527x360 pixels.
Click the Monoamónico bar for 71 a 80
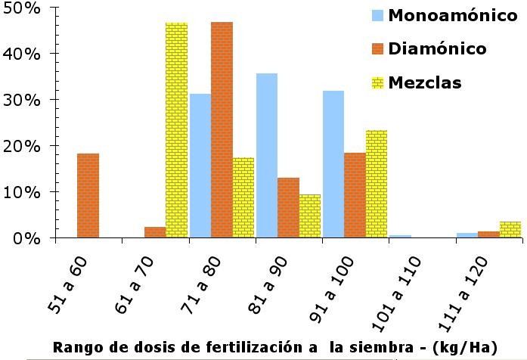200,166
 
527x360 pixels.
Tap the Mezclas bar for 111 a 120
510,229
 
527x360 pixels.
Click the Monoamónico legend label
447,16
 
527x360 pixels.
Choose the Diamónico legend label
437,49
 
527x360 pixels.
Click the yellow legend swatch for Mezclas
378,82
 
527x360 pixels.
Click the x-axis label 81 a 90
268,274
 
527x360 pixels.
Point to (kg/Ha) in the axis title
476,347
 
